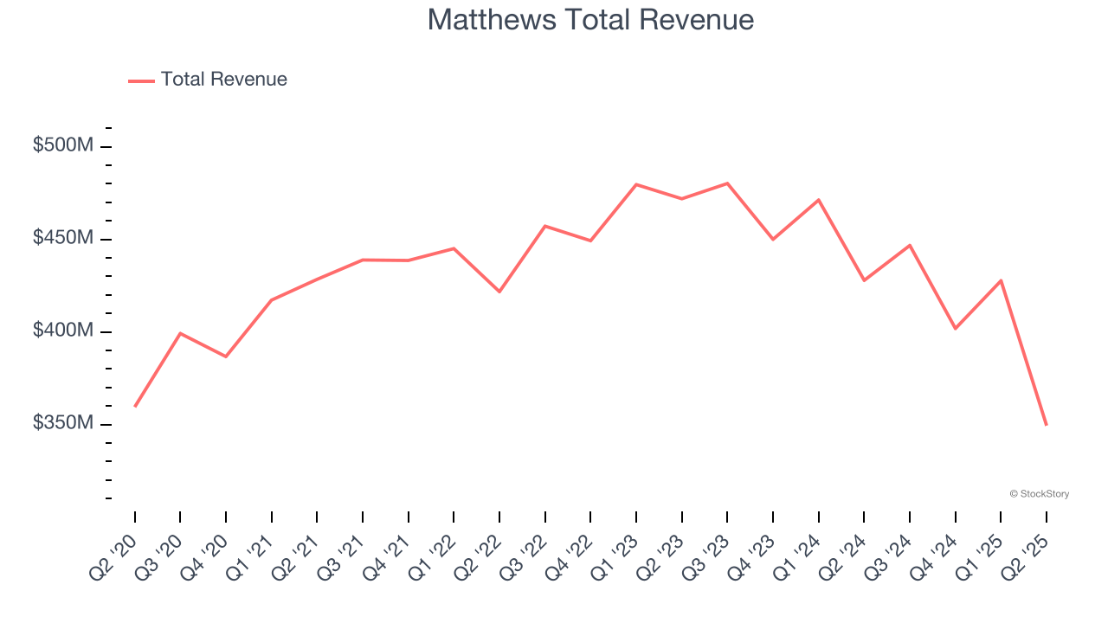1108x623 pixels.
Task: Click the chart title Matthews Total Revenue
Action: (x=590, y=20)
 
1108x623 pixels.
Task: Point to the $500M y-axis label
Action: (x=63, y=145)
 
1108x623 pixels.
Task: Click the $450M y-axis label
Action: (x=63, y=238)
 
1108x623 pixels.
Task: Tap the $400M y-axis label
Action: (x=63, y=331)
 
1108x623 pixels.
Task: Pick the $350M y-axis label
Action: (x=63, y=423)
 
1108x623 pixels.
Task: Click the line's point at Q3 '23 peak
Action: (x=727, y=183)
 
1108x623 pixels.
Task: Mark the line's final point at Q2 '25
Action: (x=1047, y=424)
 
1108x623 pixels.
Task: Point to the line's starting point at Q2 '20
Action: (x=135, y=406)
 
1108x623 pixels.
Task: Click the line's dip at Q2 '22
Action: (x=499, y=292)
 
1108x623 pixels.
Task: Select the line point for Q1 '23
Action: (x=636, y=184)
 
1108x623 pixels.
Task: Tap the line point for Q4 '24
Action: (x=956, y=329)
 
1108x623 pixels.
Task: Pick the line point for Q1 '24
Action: (x=819, y=200)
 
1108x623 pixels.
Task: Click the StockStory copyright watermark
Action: (x=1039, y=494)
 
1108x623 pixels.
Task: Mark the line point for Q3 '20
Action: (x=180, y=333)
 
